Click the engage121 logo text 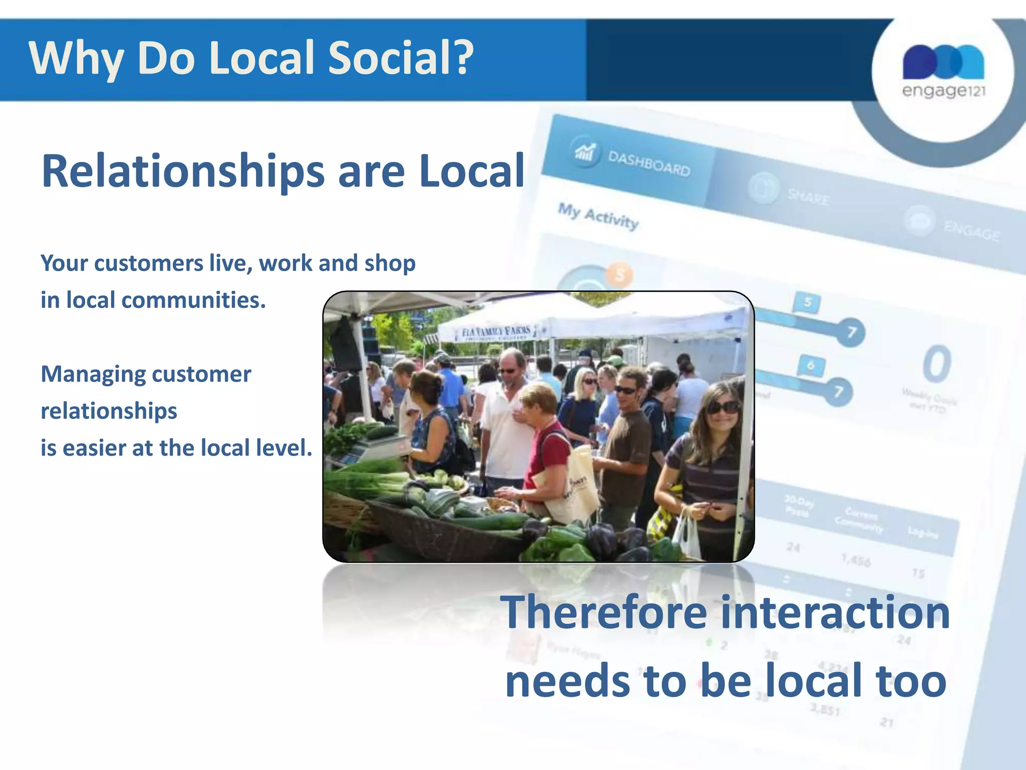click(943, 91)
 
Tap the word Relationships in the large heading click(183, 171)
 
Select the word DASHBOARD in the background click(649, 164)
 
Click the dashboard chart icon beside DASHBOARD click(585, 150)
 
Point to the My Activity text click(598, 216)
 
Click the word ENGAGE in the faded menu click(972, 232)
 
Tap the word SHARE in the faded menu click(809, 197)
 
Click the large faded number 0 click(936, 364)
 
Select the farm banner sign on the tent click(496, 332)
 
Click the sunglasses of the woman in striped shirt click(723, 407)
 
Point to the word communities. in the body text click(193, 300)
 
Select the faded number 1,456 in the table click(856, 560)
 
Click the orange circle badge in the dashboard click(620, 275)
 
